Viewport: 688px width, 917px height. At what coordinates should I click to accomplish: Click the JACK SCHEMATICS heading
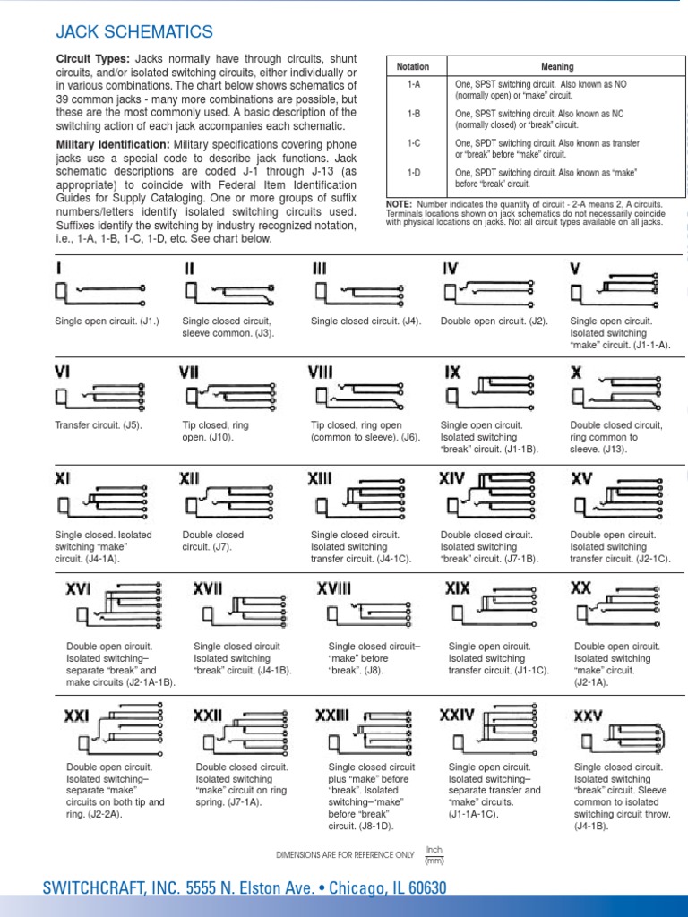pos(134,33)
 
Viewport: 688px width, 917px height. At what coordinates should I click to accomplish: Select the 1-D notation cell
pos(413,171)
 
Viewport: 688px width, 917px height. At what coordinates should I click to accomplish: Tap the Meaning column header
pos(557,67)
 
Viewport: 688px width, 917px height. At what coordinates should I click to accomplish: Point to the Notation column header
pos(413,67)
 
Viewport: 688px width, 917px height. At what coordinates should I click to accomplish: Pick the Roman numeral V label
pos(575,268)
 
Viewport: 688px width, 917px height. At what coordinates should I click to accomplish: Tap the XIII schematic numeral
pos(320,480)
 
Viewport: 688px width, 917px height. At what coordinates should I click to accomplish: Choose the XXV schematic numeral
pos(588,716)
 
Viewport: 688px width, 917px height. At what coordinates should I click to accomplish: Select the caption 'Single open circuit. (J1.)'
pos(107,321)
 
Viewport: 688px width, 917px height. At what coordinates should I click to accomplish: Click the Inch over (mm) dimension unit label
pos(434,855)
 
